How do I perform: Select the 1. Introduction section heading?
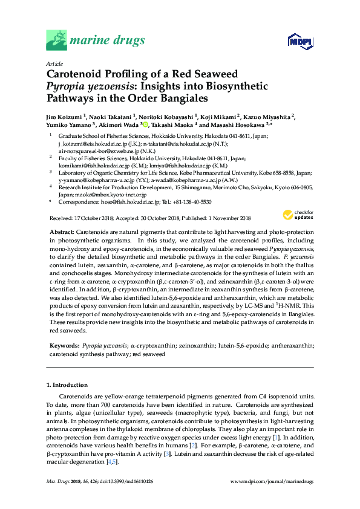[67, 385]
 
